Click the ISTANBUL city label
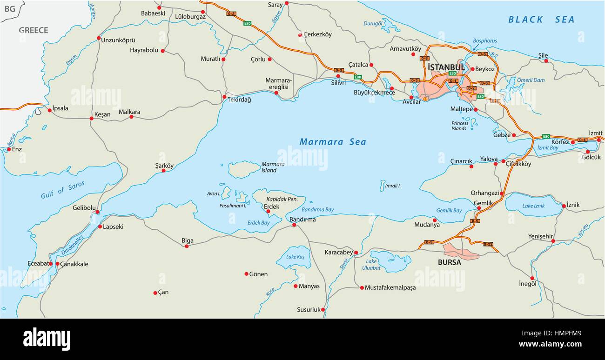click(x=446, y=67)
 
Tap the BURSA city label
click(x=449, y=262)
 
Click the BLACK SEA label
click(x=541, y=20)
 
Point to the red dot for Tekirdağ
click(x=224, y=97)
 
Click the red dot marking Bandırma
click(x=294, y=225)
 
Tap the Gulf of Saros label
click(x=63, y=190)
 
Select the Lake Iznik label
click(x=534, y=206)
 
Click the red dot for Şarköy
click(x=163, y=171)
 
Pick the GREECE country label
click(x=34, y=30)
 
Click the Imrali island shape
click(x=382, y=185)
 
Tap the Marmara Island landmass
click(x=243, y=170)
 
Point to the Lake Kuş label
click(x=295, y=257)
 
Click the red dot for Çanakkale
click(x=58, y=264)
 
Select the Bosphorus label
click(x=484, y=41)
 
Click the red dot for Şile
click(x=546, y=61)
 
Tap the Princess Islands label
click(x=459, y=126)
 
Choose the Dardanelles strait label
click(x=72, y=246)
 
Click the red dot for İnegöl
click(x=532, y=278)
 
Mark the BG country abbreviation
click(x=9, y=9)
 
